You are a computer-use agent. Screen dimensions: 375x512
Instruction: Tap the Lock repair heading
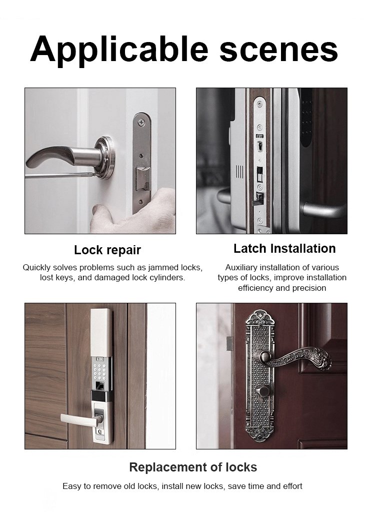click(x=107, y=250)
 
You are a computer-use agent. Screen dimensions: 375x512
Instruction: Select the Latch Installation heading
click(x=284, y=248)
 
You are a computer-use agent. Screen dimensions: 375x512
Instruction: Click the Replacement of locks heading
click(x=193, y=467)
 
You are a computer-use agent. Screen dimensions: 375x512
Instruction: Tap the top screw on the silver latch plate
click(x=141, y=122)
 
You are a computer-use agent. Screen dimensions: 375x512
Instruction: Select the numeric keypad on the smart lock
click(x=100, y=369)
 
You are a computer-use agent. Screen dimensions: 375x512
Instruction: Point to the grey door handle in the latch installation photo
click(x=323, y=209)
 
